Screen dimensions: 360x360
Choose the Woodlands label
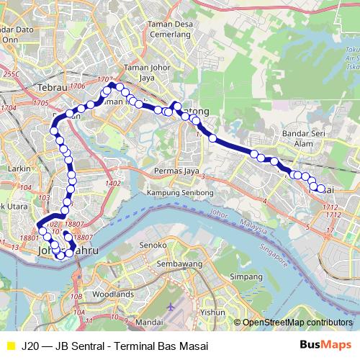point(113,294)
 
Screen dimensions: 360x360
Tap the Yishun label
point(212,312)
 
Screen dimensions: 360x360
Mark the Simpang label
point(245,276)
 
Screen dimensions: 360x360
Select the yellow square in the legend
point(9,344)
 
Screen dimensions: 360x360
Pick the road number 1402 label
point(112,184)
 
